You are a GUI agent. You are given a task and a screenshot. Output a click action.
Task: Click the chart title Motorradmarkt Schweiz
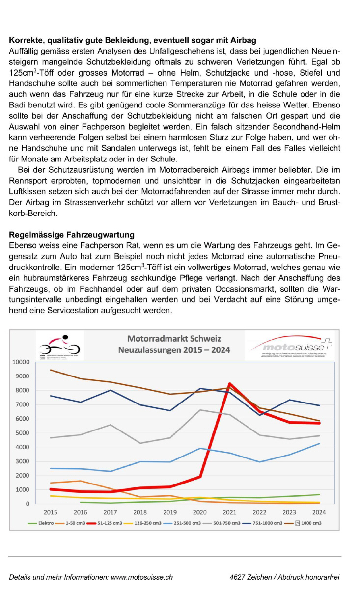coord(174,339)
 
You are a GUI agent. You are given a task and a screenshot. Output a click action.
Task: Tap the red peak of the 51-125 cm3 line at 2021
coord(229,384)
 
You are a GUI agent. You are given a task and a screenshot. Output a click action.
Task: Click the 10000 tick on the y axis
coord(21,362)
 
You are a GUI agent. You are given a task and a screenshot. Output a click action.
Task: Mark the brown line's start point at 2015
coord(51,370)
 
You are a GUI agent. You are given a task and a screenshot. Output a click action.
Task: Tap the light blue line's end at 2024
coord(319,444)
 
